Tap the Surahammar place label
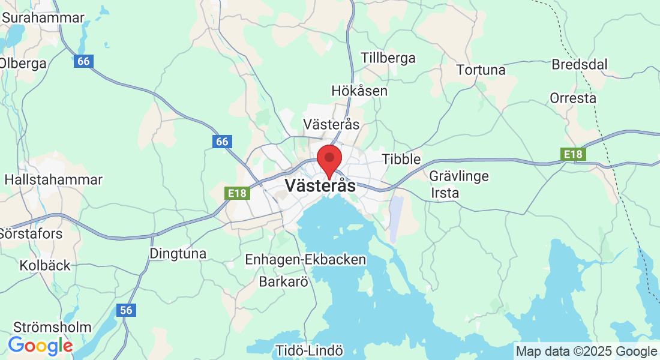tap(43, 18)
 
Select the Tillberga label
tap(388, 58)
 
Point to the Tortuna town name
tap(481, 70)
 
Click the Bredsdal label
tap(580, 64)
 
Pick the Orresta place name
tap(573, 98)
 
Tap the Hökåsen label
tap(359, 91)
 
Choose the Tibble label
tap(401, 160)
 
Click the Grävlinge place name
tap(459, 176)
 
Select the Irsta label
tap(445, 193)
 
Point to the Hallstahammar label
tap(53, 179)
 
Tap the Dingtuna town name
tap(178, 254)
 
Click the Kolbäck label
tap(45, 265)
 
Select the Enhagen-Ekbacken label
tap(305, 260)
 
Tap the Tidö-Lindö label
tap(310, 350)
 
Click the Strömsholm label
tap(52, 328)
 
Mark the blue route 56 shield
tap(126, 310)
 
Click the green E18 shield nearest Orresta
tap(573, 155)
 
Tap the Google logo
tap(40, 346)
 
